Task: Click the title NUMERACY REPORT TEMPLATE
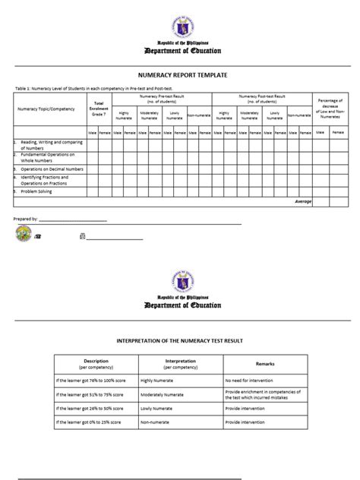coord(179,77)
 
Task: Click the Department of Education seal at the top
coord(179,21)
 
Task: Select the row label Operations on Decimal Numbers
coord(48,169)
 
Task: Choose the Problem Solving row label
coord(37,191)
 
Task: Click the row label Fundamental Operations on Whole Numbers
coord(46,156)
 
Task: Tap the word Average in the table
coord(303,202)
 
